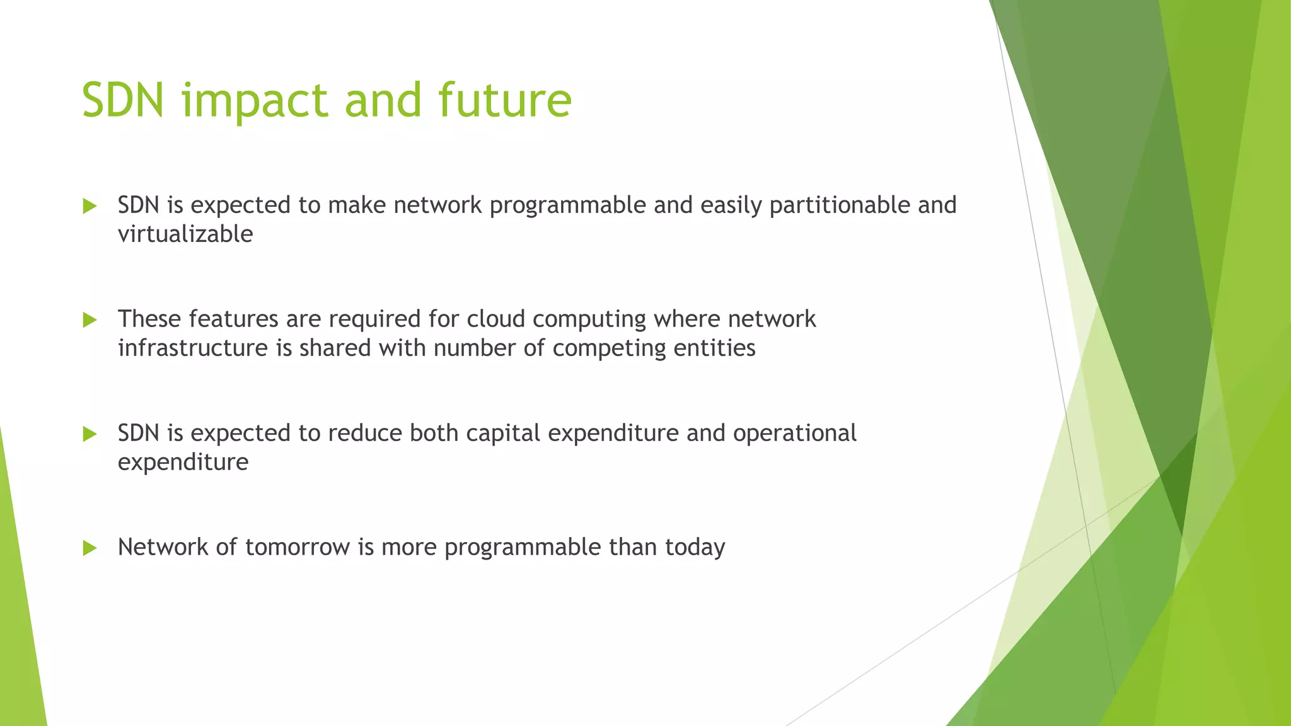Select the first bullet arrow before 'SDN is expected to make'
pyautogui.click(x=90, y=206)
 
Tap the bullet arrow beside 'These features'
pyautogui.click(x=90, y=320)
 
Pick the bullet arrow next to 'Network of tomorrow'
pyautogui.click(x=90, y=548)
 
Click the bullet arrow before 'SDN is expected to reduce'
pyautogui.click(x=90, y=434)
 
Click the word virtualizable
pyautogui.click(x=185, y=234)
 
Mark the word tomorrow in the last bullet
pyautogui.click(x=297, y=547)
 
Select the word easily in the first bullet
pyautogui.click(x=731, y=206)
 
